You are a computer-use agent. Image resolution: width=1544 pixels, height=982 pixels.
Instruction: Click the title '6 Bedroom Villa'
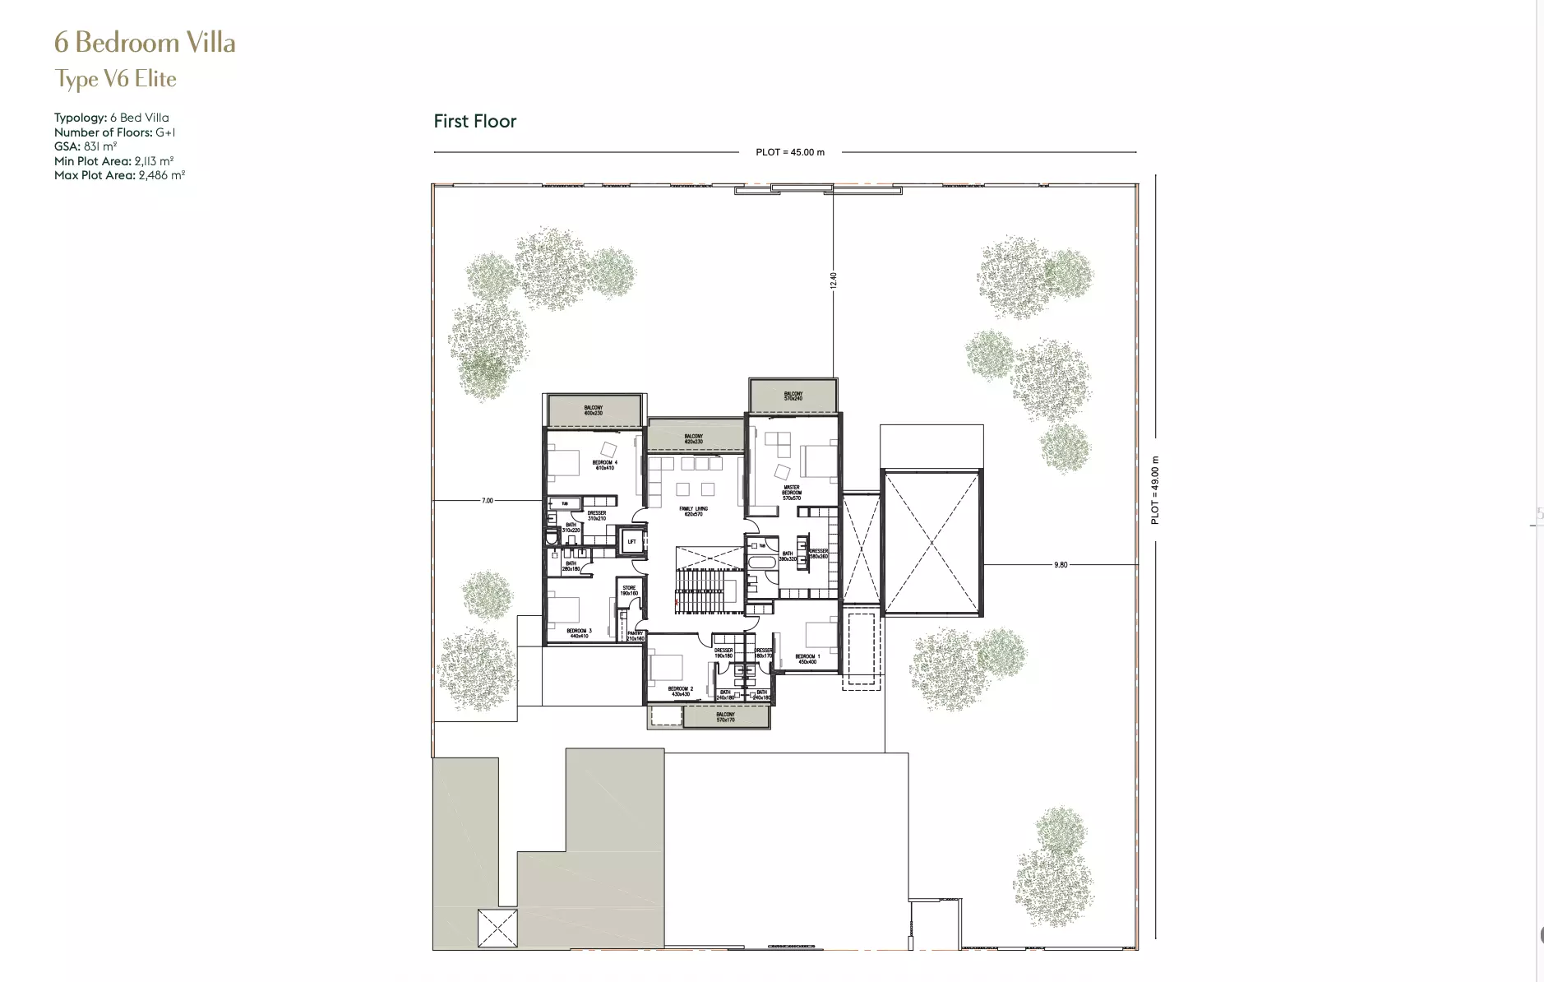[145, 43]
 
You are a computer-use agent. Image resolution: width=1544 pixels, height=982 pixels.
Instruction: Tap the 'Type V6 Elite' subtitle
[115, 79]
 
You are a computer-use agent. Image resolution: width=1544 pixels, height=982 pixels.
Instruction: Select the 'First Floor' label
[474, 122]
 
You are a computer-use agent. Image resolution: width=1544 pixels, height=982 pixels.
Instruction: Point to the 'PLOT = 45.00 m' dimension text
[789, 152]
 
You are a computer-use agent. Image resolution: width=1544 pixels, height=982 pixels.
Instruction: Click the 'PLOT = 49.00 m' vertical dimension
[1155, 490]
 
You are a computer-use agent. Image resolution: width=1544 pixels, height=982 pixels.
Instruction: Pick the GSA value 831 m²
[99, 146]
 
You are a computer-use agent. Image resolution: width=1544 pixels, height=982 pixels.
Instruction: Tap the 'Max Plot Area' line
[119, 175]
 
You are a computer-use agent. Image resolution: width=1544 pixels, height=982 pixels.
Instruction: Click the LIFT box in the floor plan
[631, 541]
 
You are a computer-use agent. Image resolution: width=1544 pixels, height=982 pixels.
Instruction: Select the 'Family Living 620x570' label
[693, 512]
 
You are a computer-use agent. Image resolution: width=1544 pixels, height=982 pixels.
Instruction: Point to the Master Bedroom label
[791, 493]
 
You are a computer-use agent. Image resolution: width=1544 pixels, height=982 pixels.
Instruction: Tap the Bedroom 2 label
[680, 691]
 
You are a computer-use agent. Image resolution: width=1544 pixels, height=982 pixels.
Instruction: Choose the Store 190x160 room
[629, 591]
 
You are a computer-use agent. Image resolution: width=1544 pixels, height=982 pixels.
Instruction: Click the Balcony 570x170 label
[725, 717]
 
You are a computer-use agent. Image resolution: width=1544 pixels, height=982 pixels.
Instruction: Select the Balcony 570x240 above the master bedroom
[793, 396]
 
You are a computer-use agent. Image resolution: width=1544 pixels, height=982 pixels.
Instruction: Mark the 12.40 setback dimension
[833, 280]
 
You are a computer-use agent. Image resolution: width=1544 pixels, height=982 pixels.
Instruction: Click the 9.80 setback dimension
[1060, 565]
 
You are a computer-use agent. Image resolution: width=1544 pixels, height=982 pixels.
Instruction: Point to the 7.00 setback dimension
[487, 500]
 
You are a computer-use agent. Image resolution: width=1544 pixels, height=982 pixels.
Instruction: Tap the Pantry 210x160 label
[634, 636]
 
